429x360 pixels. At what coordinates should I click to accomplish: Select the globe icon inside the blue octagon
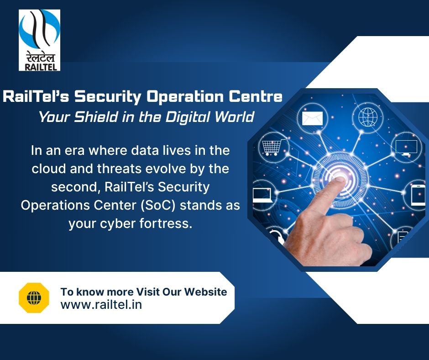click(x=367, y=116)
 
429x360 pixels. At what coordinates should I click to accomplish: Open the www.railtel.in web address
click(x=101, y=305)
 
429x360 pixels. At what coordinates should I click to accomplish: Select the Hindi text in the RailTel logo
click(x=39, y=56)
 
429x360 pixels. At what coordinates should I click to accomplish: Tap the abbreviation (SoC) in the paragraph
click(x=162, y=205)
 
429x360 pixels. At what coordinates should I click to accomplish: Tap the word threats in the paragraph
click(x=118, y=168)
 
